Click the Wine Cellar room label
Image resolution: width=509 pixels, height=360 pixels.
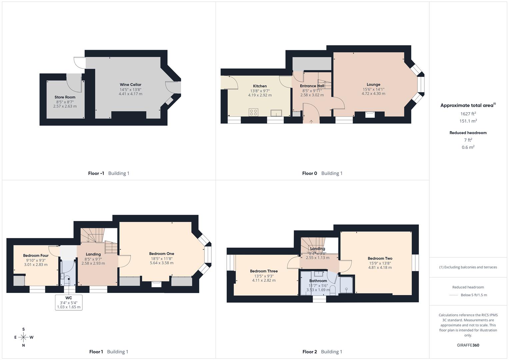130,85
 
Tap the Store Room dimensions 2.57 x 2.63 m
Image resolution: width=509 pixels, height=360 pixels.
65,106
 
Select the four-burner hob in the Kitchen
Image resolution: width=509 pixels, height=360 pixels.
253,112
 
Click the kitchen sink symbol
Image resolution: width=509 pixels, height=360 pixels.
276,113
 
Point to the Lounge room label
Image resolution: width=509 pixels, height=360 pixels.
373,85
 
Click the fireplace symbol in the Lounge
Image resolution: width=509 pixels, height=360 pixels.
370,114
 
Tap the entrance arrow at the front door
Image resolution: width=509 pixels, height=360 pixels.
311,122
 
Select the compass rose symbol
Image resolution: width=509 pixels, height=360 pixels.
23,337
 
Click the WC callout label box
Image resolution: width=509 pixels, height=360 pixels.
69,302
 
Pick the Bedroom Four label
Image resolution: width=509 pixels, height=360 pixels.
36,256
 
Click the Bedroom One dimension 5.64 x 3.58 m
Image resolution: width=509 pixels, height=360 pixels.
162,263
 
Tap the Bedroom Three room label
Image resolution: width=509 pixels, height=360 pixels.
264,271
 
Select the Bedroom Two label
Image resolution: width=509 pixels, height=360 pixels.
380,258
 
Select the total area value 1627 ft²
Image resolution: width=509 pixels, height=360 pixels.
468,114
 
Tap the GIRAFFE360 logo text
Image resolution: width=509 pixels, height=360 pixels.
468,345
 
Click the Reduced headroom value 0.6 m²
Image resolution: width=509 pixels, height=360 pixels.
468,147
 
